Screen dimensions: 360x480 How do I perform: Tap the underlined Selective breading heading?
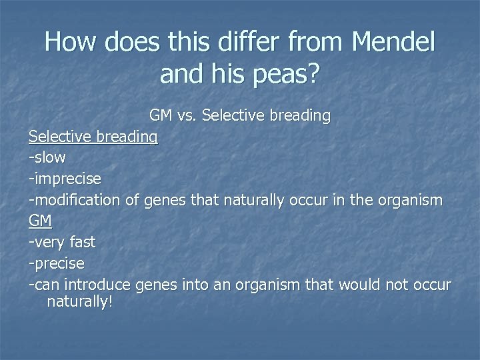pyautogui.click(x=93, y=137)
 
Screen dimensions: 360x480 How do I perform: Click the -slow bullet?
pyautogui.click(x=47, y=158)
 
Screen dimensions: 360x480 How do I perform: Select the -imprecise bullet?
pyautogui.click(x=65, y=179)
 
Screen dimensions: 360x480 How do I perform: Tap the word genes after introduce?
pyautogui.click(x=154, y=285)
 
